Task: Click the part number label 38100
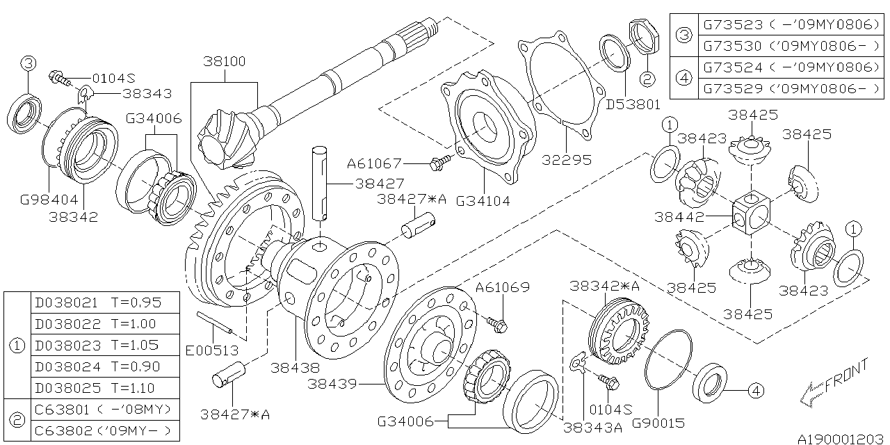point(224,61)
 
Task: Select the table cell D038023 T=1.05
point(97,345)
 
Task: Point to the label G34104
point(483,202)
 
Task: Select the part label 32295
point(568,160)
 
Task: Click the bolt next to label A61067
point(441,164)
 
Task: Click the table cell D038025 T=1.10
point(97,387)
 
